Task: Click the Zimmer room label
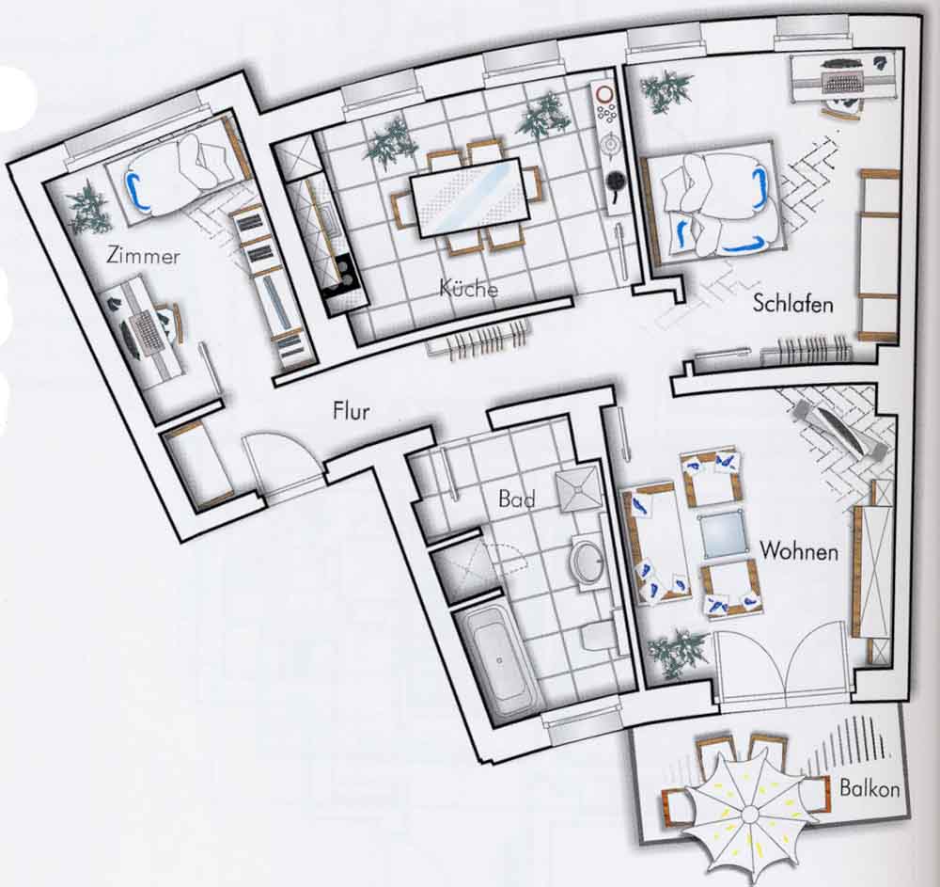coord(143,256)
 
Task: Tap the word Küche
coord(468,288)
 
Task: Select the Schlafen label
coord(792,303)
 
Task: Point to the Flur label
coord(351,411)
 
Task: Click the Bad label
coord(516,499)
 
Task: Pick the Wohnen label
coord(798,550)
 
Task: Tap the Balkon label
coord(869,787)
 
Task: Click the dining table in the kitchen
coord(469,198)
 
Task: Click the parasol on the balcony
coord(749,814)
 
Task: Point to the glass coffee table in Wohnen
coord(724,535)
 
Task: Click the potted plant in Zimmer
coord(89,207)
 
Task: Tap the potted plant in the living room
coord(678,654)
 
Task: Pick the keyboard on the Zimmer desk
coord(144,334)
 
